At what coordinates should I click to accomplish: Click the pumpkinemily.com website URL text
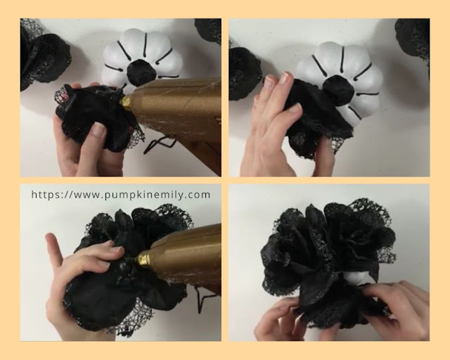tap(121, 195)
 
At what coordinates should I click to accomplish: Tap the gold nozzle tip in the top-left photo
tap(127, 101)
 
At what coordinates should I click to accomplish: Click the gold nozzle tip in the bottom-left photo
tap(143, 259)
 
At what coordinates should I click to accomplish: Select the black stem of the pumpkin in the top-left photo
tap(141, 70)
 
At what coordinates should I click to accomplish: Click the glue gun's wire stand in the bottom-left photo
tap(202, 299)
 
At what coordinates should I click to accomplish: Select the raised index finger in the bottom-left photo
tap(56, 250)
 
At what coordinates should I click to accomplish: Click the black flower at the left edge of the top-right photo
tap(245, 74)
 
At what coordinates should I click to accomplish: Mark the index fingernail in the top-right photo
tap(287, 77)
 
